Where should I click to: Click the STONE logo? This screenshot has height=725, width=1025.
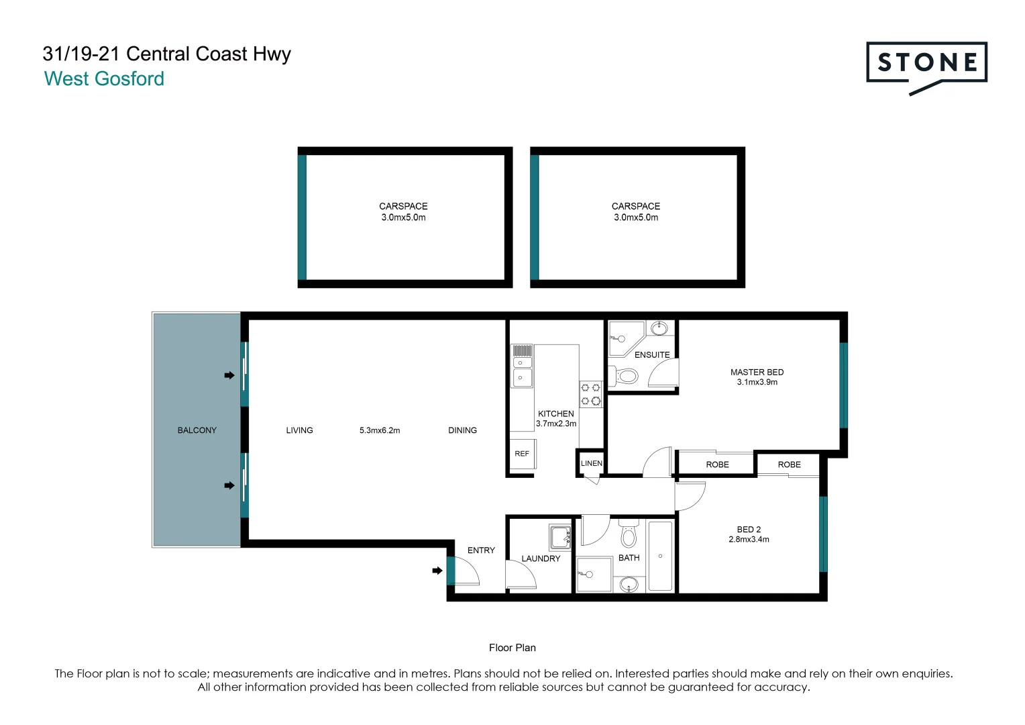point(926,64)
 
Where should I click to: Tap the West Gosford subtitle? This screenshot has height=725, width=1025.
point(104,79)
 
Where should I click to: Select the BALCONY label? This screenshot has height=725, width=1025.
point(197,430)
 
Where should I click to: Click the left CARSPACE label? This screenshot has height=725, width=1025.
point(403,206)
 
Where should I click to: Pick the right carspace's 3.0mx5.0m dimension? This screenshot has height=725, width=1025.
point(636,217)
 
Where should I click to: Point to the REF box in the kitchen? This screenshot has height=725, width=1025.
point(522,454)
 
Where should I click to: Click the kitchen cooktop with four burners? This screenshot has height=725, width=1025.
point(590,394)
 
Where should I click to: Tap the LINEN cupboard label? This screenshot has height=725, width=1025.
point(591,463)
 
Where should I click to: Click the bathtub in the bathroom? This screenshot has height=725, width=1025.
point(660,556)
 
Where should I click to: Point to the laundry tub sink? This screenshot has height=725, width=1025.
point(559,538)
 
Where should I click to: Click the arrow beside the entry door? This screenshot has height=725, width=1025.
point(437,571)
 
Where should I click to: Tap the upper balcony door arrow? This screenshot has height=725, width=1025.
point(229,375)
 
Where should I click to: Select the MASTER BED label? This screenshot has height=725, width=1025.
point(757,372)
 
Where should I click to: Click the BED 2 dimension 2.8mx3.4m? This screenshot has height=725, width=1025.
point(749,539)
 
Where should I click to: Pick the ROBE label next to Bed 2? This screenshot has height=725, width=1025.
point(789,465)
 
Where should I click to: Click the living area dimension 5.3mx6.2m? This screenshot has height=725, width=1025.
point(380,430)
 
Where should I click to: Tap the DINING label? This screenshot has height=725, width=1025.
point(462,430)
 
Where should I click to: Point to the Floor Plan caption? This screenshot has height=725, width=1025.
point(512,648)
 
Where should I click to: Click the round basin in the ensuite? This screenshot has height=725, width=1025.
point(660,328)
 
